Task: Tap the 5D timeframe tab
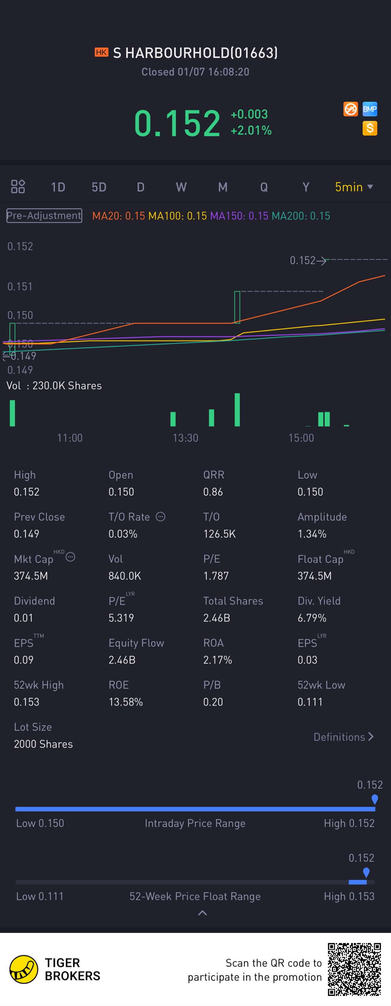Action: pos(99,187)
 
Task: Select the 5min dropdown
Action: pos(353,187)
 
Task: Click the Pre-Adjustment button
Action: pos(44,216)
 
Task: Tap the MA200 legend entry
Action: pos(300,216)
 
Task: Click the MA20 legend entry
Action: pos(119,216)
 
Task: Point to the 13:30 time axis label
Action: pos(185,438)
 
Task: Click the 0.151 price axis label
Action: pos(20,287)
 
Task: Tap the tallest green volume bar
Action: pos(237,409)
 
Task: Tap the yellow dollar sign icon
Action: pos(369,128)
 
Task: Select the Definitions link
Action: pos(343,737)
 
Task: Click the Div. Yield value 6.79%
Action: pos(312,618)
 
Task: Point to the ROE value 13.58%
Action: pos(125,702)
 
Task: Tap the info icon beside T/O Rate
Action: pos(161,517)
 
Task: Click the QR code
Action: pos(354,969)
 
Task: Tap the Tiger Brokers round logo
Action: pos(23,969)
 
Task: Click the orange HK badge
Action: pos(101,52)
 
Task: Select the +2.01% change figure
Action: pos(251,130)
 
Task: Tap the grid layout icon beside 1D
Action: pos(18,187)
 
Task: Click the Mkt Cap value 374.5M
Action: pos(31,576)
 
